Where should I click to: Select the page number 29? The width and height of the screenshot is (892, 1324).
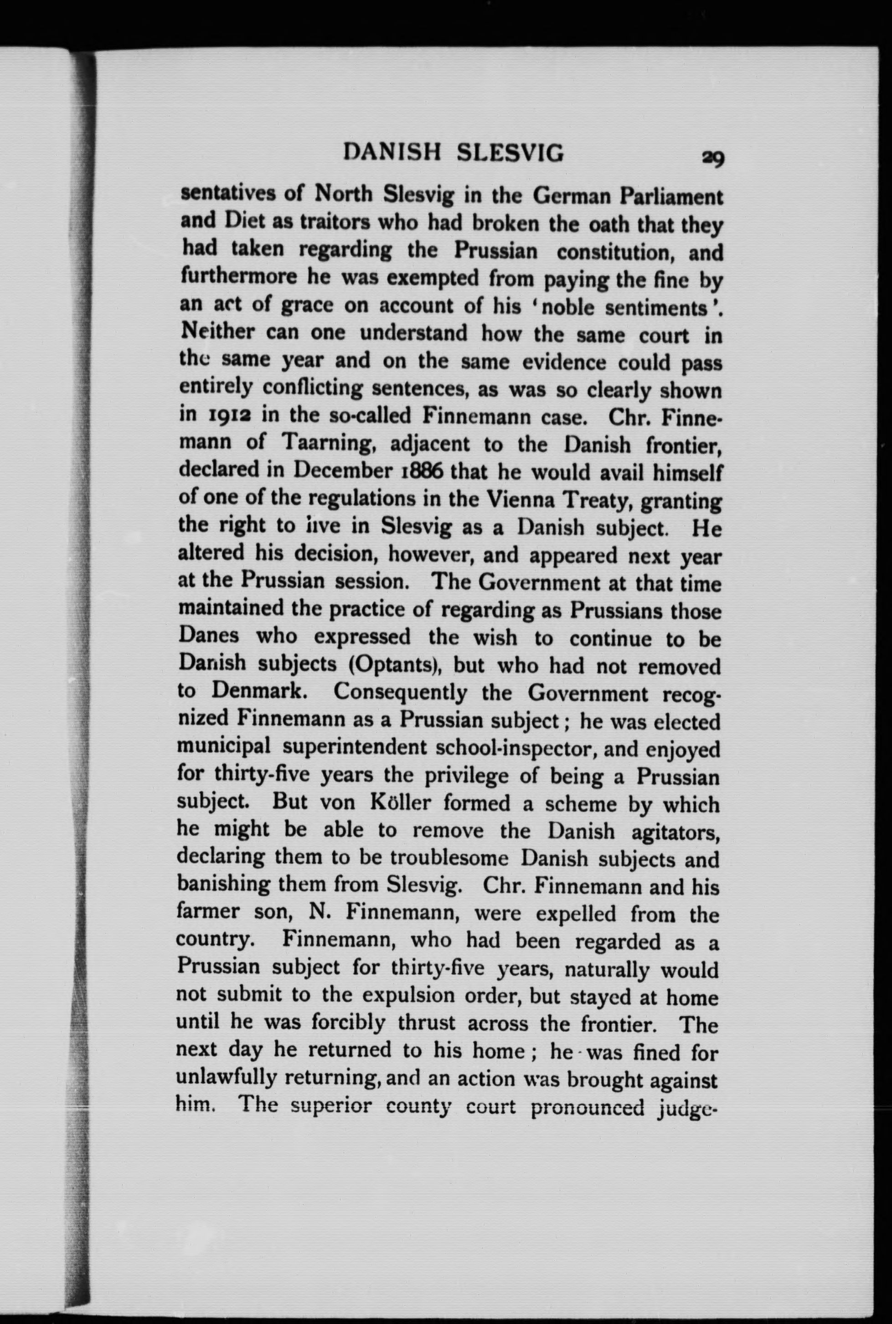click(x=713, y=158)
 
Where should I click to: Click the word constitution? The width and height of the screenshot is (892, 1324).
click(x=615, y=252)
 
